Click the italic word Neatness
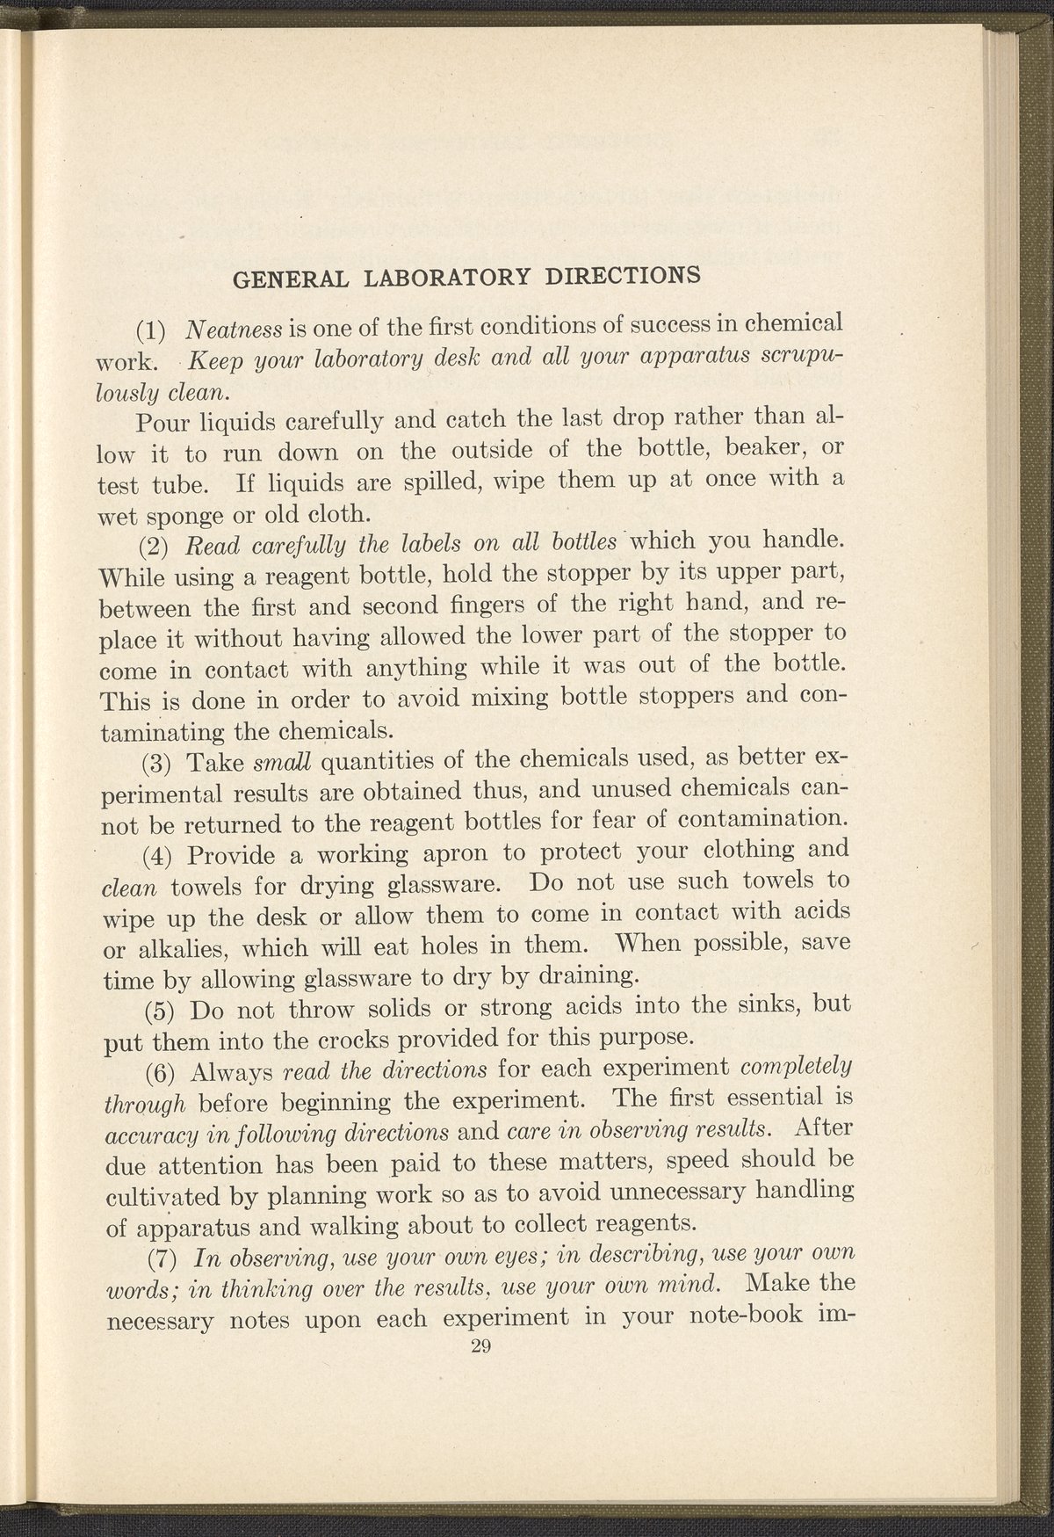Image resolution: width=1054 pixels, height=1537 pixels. (233, 330)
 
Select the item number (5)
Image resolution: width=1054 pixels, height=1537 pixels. (159, 1009)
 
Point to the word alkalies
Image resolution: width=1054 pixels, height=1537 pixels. (177, 949)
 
